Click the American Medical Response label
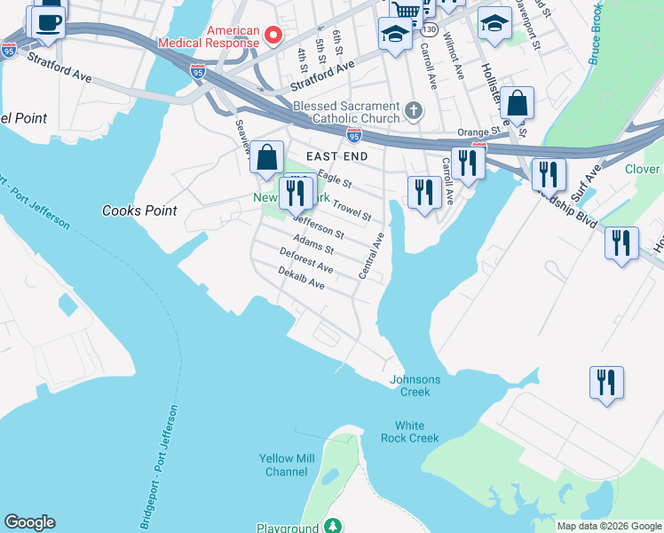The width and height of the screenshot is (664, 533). pos(208,36)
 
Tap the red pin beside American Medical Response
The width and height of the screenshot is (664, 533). pos(273,36)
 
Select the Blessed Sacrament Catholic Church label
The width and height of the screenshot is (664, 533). pos(347,112)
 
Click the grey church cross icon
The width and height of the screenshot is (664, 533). pos(412,111)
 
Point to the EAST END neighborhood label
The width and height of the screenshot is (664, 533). pos(336,155)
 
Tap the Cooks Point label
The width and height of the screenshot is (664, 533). pos(139,211)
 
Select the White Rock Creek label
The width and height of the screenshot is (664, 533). pos(410,432)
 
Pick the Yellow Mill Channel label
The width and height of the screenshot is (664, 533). pos(286,465)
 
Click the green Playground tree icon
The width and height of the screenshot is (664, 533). pos(333,528)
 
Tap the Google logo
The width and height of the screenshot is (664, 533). pos(29,522)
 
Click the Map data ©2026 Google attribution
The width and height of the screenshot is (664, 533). pos(608,526)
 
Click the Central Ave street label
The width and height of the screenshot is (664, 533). pos(371,257)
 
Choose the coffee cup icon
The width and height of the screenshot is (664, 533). pos(50,21)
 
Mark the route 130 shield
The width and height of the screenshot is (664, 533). pos(430,29)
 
